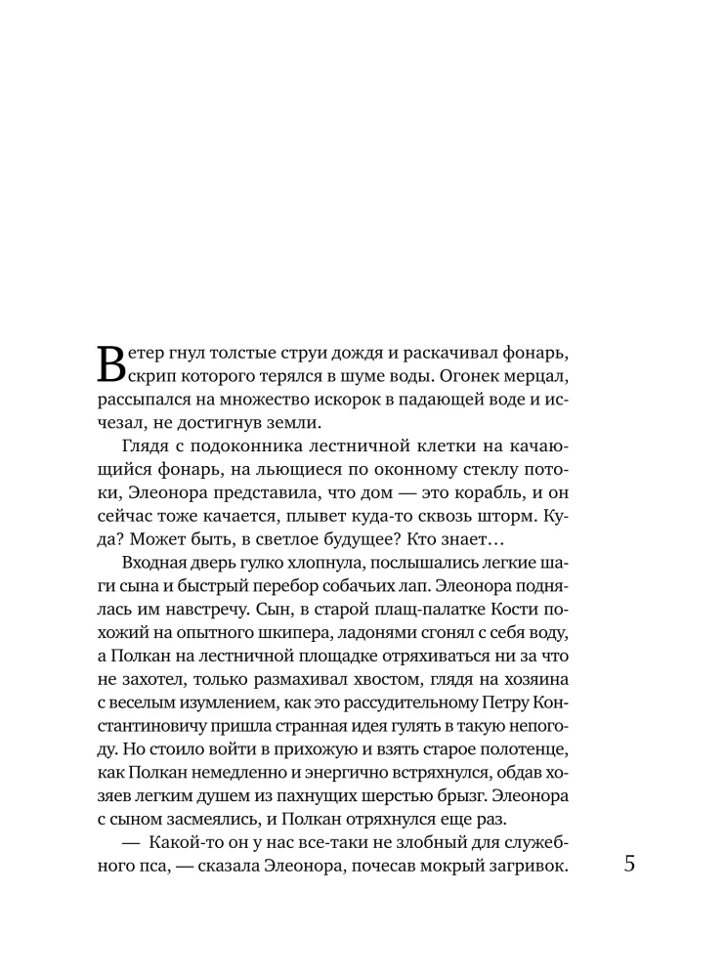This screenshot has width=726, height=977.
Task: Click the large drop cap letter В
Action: tap(112, 363)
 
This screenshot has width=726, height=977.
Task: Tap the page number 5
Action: tap(628, 866)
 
